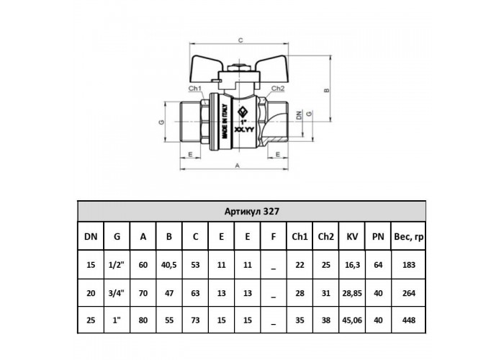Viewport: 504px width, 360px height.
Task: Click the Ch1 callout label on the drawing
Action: coord(195,88)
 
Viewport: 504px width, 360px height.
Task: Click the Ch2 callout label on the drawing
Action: coord(278,88)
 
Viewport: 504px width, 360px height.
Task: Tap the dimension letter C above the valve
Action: coord(240,40)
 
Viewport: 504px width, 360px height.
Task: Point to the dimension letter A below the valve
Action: coord(237,166)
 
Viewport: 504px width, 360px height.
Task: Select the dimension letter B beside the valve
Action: coord(327,90)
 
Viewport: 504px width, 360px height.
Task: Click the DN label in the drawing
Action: coord(299,115)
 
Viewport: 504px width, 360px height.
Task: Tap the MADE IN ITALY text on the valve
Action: coord(225,122)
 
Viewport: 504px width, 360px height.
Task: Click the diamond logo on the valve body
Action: coord(243,112)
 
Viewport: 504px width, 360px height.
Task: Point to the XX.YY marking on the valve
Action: coord(244,130)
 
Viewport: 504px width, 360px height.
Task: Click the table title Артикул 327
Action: coord(252,212)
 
